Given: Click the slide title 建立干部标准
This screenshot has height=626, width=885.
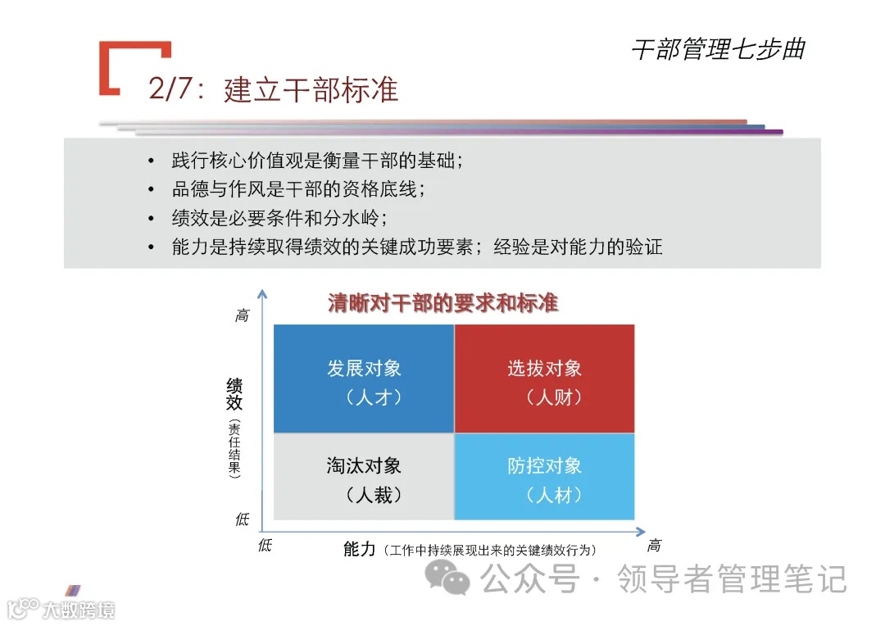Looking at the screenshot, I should [311, 89].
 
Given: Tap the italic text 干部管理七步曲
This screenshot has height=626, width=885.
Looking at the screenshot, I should [718, 49].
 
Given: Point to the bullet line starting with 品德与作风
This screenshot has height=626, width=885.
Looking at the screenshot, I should [298, 189].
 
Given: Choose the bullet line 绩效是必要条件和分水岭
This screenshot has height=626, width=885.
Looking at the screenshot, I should [279, 218].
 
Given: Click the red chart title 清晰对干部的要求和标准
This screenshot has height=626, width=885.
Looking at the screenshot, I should [442, 302].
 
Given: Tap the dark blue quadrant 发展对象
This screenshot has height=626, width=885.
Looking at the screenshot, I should [364, 378].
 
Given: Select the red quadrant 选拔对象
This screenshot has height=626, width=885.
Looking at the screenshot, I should [544, 378].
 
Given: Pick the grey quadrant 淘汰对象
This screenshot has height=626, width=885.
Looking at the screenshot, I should [364, 476].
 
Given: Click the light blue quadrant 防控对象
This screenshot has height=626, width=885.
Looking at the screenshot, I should [544, 476].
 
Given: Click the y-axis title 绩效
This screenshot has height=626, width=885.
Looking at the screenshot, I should [235, 393].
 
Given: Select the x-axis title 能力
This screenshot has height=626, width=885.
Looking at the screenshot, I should [359, 549].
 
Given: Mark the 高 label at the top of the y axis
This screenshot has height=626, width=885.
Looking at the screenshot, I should [242, 315].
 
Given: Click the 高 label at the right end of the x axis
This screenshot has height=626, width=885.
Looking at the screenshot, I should [653, 546].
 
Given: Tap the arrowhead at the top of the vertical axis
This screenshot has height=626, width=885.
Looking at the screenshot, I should [262, 293].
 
